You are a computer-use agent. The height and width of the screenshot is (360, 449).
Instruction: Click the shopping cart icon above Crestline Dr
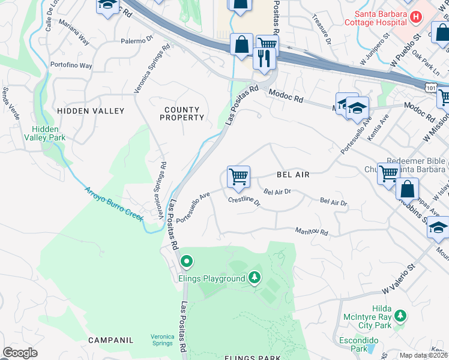pyautogui.click(x=238, y=176)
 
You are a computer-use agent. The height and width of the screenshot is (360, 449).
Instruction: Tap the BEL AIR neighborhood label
pyautogui.click(x=293, y=175)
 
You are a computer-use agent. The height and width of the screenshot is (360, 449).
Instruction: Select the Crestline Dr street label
pyautogui.click(x=244, y=202)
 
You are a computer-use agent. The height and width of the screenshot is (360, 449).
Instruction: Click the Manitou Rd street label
pyautogui.click(x=312, y=232)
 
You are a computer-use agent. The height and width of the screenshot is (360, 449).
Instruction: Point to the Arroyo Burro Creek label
pyautogui.click(x=113, y=205)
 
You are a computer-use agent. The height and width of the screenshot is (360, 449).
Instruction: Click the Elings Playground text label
pyautogui.click(x=212, y=278)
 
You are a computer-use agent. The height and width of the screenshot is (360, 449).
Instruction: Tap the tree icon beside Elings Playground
pyautogui.click(x=255, y=278)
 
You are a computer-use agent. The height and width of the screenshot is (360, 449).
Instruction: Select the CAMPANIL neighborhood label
pyautogui.click(x=110, y=340)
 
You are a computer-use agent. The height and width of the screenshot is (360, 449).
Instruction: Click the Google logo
pyautogui.click(x=20, y=353)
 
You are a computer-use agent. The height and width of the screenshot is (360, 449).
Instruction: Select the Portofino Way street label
pyautogui.click(x=71, y=65)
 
